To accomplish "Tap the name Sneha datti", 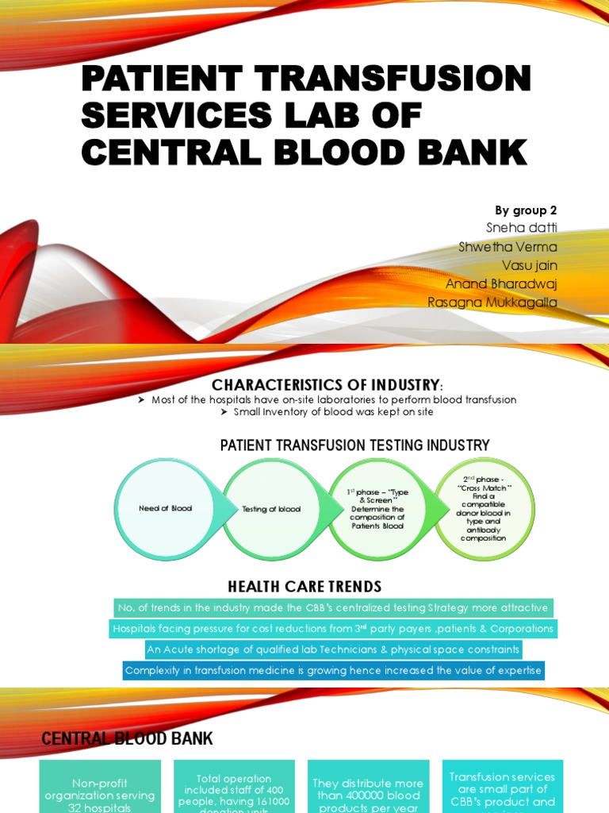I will tap(526, 229).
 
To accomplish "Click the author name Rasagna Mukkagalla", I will tap(492, 302).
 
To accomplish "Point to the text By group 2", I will tap(526, 210).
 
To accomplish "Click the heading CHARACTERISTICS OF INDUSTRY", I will tap(324, 385).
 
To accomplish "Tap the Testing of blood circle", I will tap(271, 509).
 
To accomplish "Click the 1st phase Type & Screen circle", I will tap(377, 509).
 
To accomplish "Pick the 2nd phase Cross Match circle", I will tap(485, 509).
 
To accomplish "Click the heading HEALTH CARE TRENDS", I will tap(304, 587).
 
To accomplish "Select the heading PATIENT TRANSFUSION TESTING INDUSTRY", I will tap(354, 445).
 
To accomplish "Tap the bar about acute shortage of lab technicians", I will tap(332, 649).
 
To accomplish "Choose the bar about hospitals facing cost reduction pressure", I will tap(332, 629).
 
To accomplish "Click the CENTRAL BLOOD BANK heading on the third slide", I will tap(127, 739).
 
